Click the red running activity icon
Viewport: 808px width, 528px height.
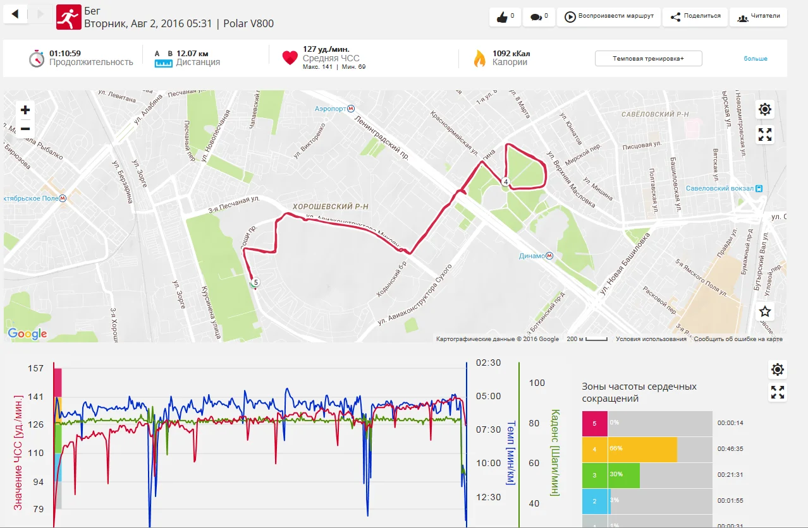pyautogui.click(x=69, y=17)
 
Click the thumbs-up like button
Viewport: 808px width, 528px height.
pyautogui.click(x=505, y=17)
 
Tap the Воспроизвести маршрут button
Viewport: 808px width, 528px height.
pyautogui.click(x=608, y=17)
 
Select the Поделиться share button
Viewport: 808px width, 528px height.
pyautogui.click(x=695, y=16)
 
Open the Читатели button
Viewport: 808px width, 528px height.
pyautogui.click(x=758, y=17)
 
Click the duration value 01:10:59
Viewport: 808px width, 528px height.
pyautogui.click(x=65, y=53)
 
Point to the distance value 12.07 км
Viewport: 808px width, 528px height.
pyautogui.click(x=192, y=53)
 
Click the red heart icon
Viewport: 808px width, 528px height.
pyautogui.click(x=290, y=57)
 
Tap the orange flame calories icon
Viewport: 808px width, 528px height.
pyautogui.click(x=479, y=58)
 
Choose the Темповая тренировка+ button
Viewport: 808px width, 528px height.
pyautogui.click(x=648, y=59)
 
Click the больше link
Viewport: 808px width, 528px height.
pyautogui.click(x=755, y=59)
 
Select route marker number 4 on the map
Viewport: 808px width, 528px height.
pyautogui.click(x=506, y=182)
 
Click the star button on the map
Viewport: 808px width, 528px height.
pyautogui.click(x=765, y=311)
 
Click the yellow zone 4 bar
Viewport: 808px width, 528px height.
pyautogui.click(x=642, y=449)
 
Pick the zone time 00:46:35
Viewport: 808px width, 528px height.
pyautogui.click(x=730, y=449)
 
